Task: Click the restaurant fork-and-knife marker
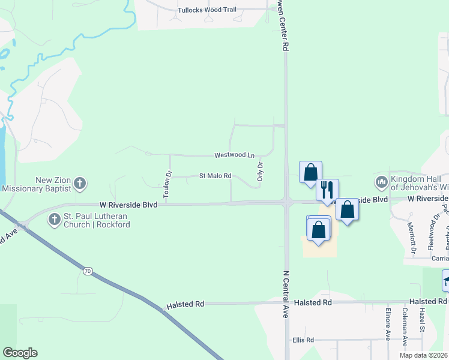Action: click(x=327, y=189)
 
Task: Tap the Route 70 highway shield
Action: click(x=88, y=272)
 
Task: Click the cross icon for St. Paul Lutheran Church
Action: click(x=54, y=220)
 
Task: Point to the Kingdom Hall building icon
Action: click(x=381, y=182)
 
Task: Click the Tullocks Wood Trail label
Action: click(x=207, y=10)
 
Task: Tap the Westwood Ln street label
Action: click(x=234, y=155)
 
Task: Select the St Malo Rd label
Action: click(x=215, y=176)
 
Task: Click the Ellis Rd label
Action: click(x=303, y=340)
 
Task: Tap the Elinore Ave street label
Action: click(x=388, y=324)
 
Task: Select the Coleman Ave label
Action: click(x=406, y=324)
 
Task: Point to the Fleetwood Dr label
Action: click(x=430, y=235)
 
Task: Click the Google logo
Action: click(x=20, y=353)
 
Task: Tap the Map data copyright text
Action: click(x=424, y=355)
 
